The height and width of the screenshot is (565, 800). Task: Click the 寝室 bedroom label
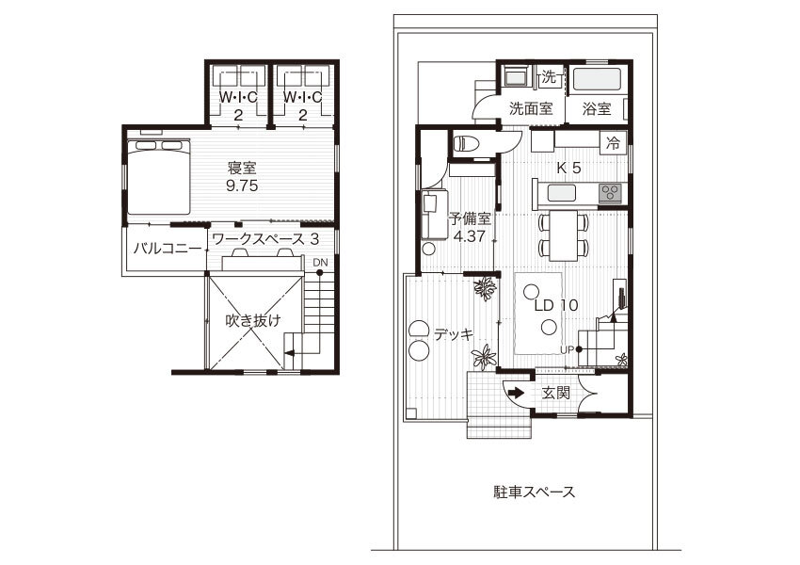(x=242, y=167)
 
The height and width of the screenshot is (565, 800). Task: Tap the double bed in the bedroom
(x=159, y=177)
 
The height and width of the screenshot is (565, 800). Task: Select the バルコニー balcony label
(x=167, y=249)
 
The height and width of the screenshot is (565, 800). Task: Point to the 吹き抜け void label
(x=253, y=320)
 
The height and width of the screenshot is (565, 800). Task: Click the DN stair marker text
(x=320, y=263)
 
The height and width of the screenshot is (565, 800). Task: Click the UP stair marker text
(x=568, y=349)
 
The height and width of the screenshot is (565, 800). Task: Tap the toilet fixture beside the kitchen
(x=466, y=143)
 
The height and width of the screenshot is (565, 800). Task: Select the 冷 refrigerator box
(x=613, y=143)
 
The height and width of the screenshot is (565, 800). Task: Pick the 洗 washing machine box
(x=549, y=77)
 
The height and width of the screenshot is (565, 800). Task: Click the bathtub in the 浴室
(x=597, y=80)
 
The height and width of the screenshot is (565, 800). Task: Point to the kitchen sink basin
(x=562, y=193)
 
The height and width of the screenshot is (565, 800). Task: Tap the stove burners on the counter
(x=609, y=193)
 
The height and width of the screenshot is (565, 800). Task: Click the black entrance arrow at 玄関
(x=516, y=393)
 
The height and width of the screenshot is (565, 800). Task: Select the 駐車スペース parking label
(x=535, y=492)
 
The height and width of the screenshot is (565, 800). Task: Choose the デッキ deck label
(x=454, y=334)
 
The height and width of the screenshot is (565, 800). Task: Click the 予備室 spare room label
(x=470, y=219)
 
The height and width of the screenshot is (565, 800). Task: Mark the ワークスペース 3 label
(x=265, y=238)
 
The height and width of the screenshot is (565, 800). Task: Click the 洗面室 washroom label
(x=531, y=108)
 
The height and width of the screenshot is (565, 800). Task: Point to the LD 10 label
(x=556, y=305)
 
